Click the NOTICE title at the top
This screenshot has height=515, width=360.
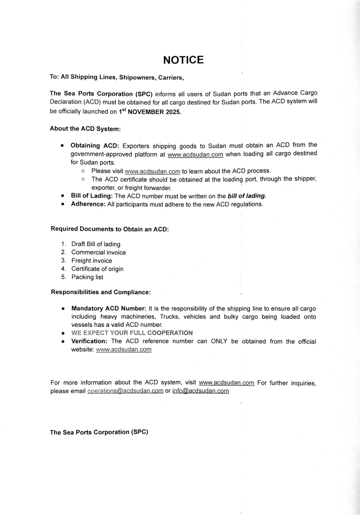(x=183, y=60)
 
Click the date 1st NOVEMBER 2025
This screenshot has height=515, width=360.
(x=150, y=112)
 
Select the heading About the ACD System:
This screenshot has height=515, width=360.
(x=85, y=129)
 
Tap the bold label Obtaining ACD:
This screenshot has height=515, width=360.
(x=95, y=146)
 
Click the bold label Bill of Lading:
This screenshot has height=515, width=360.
(x=92, y=196)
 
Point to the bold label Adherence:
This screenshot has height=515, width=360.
(x=88, y=204)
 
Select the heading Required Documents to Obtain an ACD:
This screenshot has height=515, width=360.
(x=110, y=229)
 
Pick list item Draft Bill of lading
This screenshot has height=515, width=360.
(x=96, y=244)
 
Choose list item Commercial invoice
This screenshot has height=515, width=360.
(x=98, y=253)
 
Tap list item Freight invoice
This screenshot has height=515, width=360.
(x=92, y=261)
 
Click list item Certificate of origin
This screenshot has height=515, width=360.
(x=97, y=269)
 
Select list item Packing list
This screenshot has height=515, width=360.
(x=87, y=277)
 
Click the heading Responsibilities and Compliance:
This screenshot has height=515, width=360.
(x=101, y=292)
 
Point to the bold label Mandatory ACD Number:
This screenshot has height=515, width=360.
(x=109, y=309)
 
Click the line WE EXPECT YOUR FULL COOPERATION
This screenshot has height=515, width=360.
(x=132, y=333)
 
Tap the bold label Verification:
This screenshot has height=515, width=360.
(x=89, y=341)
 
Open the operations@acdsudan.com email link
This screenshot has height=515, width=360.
(x=125, y=391)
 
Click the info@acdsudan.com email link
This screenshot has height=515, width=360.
(x=200, y=391)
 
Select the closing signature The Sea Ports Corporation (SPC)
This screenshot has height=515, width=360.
(x=99, y=432)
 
